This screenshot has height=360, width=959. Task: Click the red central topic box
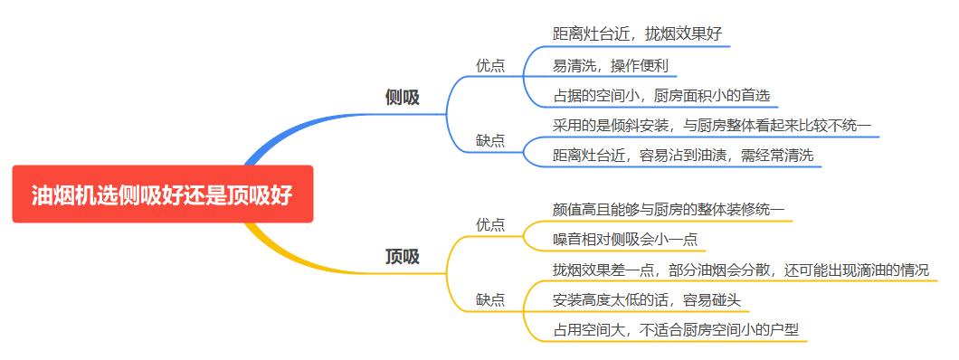click(x=163, y=194)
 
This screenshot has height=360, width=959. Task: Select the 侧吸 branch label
click(x=402, y=98)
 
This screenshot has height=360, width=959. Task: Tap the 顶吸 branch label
click(x=402, y=257)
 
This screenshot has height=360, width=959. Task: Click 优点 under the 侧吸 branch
click(x=490, y=65)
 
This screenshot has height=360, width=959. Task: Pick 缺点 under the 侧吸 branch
click(x=490, y=140)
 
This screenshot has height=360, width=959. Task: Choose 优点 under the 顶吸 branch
click(x=490, y=225)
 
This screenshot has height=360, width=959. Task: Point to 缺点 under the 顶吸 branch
click(x=490, y=299)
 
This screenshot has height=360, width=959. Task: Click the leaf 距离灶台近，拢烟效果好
click(x=637, y=34)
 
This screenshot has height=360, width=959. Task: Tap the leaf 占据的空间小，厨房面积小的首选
click(x=660, y=95)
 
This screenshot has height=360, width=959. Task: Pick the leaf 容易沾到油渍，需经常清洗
click(x=682, y=156)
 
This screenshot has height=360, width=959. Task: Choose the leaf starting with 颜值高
click(x=669, y=209)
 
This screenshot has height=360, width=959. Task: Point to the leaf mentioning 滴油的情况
click(x=740, y=270)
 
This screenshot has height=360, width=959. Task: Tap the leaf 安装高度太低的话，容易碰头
click(x=651, y=299)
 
